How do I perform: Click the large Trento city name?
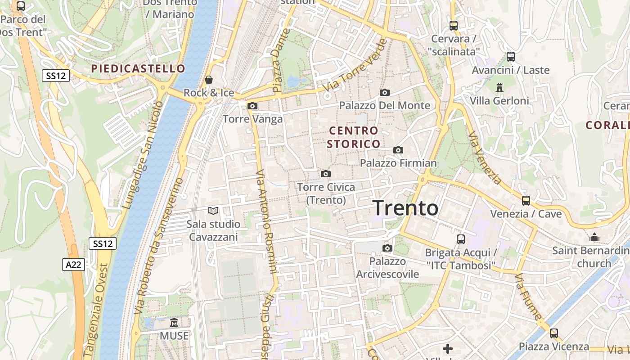405,208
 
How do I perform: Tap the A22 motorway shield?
73,264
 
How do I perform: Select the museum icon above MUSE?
174,323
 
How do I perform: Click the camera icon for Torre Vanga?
252,106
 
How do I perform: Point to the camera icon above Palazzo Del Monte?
384,92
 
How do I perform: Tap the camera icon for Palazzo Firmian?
398,150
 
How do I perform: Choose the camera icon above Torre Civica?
326,174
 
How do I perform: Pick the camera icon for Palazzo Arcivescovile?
387,248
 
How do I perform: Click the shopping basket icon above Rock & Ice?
209,80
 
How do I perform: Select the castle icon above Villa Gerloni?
499,87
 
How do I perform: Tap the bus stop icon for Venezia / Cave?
526,200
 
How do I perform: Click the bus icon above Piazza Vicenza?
553,333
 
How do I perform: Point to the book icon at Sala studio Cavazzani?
213,211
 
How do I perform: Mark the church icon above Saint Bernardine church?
594,237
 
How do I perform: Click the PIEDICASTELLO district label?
138,68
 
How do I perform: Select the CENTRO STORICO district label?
354,137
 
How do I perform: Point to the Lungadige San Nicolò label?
143,155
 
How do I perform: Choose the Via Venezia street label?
484,157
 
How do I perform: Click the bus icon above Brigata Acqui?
460,239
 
